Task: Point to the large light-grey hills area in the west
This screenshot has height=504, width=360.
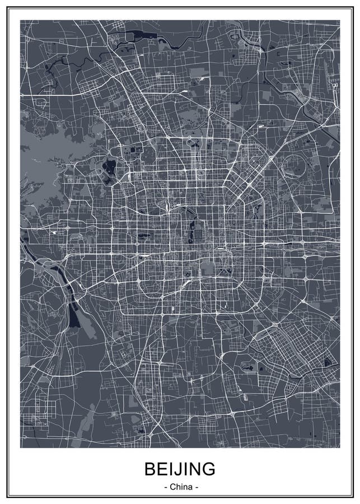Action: tap(45, 162)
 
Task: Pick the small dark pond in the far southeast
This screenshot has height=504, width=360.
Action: tap(326, 365)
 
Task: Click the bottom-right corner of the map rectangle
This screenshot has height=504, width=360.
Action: tap(339, 447)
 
